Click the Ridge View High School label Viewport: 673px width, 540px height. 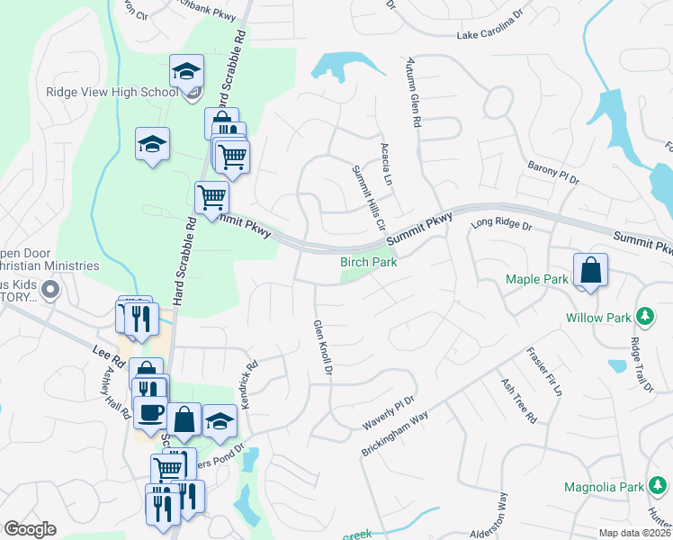(x=112, y=92)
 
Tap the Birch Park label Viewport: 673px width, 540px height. (x=368, y=262)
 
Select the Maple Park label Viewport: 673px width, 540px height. (x=536, y=279)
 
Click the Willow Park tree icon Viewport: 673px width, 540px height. (x=644, y=317)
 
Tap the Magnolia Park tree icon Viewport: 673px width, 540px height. (x=656, y=487)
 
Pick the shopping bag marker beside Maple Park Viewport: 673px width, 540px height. (x=590, y=271)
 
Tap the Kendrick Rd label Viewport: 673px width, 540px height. (x=248, y=382)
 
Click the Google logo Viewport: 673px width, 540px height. (x=30, y=528)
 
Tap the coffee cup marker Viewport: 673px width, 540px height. (x=150, y=413)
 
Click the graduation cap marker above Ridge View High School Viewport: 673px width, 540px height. (x=187, y=71)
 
